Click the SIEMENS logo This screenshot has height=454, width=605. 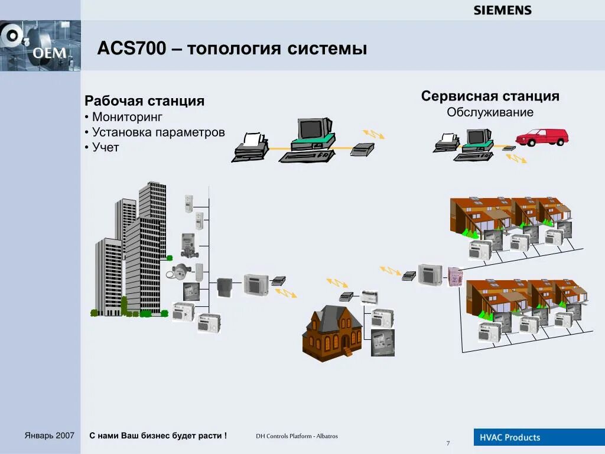(502, 10)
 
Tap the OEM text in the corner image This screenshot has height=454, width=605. (49, 53)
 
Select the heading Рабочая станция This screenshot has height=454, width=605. (144, 101)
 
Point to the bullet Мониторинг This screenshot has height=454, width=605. (127, 117)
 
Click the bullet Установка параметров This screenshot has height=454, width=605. (158, 132)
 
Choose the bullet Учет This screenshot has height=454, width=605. (106, 148)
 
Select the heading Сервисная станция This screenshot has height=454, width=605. (490, 96)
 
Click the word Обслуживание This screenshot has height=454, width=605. (490, 112)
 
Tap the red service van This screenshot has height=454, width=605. (541, 137)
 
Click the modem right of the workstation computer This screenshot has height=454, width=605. (362, 149)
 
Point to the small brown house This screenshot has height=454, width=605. (333, 331)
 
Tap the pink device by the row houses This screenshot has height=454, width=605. (455, 276)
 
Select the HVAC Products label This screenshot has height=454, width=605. (510, 437)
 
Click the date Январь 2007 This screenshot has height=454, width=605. (50, 436)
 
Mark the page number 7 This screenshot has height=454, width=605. (448, 443)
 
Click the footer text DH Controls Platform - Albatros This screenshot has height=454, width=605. (297, 437)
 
